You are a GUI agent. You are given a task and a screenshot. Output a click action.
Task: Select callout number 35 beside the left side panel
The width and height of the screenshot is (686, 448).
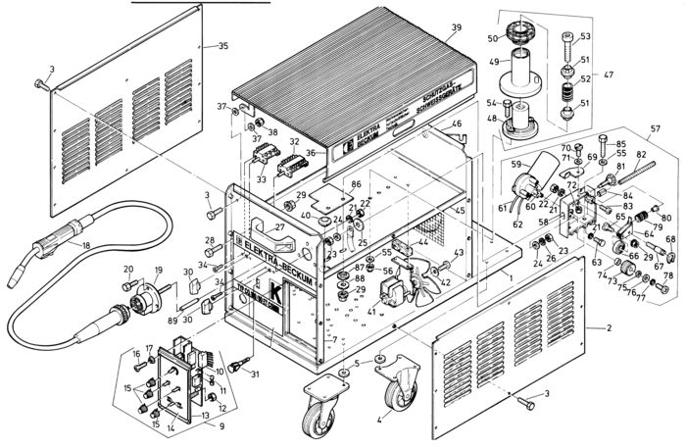coord(223,46)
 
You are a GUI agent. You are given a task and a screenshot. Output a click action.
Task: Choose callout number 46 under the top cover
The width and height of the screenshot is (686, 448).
coord(457,124)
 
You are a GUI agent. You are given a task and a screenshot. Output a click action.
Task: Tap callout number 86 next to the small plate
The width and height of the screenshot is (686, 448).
coord(357,183)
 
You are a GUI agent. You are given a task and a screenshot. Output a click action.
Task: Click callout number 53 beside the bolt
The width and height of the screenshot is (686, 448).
coord(585,36)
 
